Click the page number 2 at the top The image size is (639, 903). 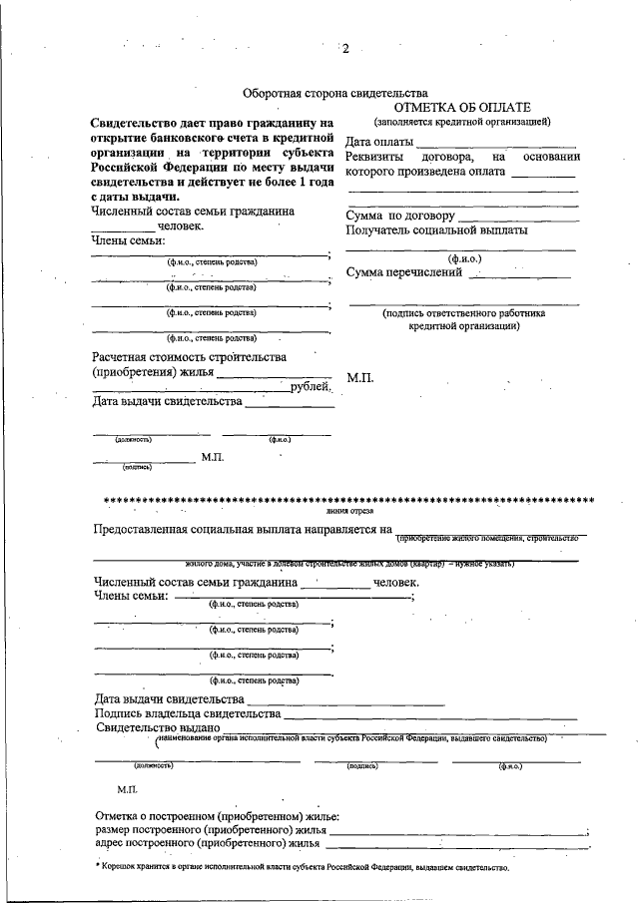(x=345, y=49)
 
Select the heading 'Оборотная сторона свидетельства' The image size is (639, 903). (x=336, y=92)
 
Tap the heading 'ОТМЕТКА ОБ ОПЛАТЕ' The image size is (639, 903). (x=462, y=107)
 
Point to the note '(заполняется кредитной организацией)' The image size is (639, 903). (x=462, y=121)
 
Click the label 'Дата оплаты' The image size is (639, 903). (x=378, y=143)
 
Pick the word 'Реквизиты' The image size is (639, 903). (x=374, y=158)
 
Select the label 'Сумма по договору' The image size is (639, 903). (x=400, y=216)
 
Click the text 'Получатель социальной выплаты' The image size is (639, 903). (x=436, y=230)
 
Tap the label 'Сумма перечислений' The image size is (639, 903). (x=404, y=272)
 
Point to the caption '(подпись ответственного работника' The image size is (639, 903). (x=462, y=312)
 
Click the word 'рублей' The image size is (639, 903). (x=310, y=387)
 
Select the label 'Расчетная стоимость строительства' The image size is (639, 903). (x=189, y=357)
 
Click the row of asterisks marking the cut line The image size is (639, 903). (x=348, y=498)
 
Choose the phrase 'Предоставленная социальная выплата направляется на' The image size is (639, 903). (x=241, y=528)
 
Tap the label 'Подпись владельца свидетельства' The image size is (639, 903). (x=188, y=713)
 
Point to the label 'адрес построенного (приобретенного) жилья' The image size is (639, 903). (x=213, y=843)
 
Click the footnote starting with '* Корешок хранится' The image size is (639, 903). (x=303, y=867)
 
